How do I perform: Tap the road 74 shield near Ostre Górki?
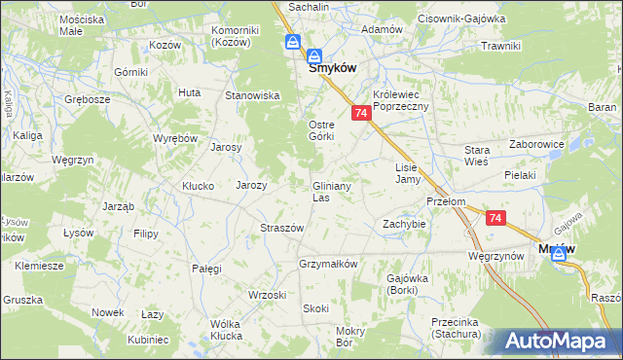[361, 114]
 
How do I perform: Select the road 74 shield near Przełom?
[495, 220]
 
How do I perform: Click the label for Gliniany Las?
[332, 191]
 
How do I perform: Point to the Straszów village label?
[282, 228]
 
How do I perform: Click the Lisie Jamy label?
[407, 173]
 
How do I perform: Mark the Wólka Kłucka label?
[225, 330]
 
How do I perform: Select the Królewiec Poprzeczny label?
[401, 100]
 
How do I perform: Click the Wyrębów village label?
[176, 138]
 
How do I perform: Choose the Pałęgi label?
[207, 268]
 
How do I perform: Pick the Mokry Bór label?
[349, 337]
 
